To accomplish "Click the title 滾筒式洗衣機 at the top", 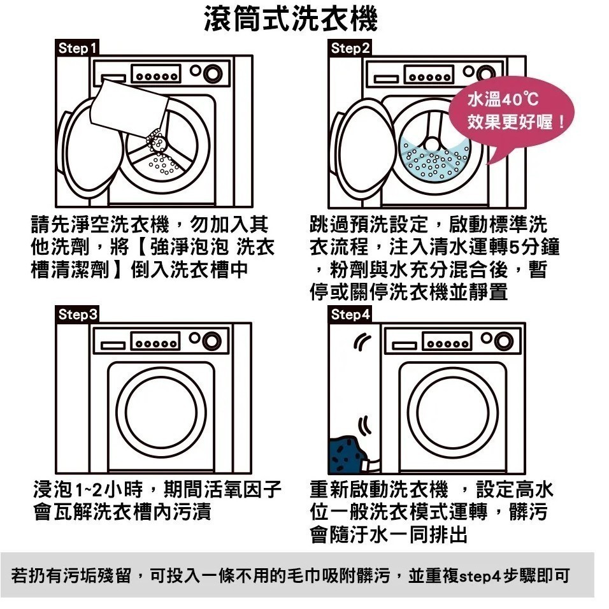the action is point(290,18).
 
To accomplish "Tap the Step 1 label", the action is point(77,48).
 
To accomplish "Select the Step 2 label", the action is point(350,48).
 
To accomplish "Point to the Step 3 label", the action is point(77,314).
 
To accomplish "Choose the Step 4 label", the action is point(350,314).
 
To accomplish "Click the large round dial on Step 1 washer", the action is point(213,73).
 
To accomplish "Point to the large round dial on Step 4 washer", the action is point(503,341).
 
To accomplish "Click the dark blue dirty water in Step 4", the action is point(348,454).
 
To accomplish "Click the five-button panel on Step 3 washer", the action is point(155,342).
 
